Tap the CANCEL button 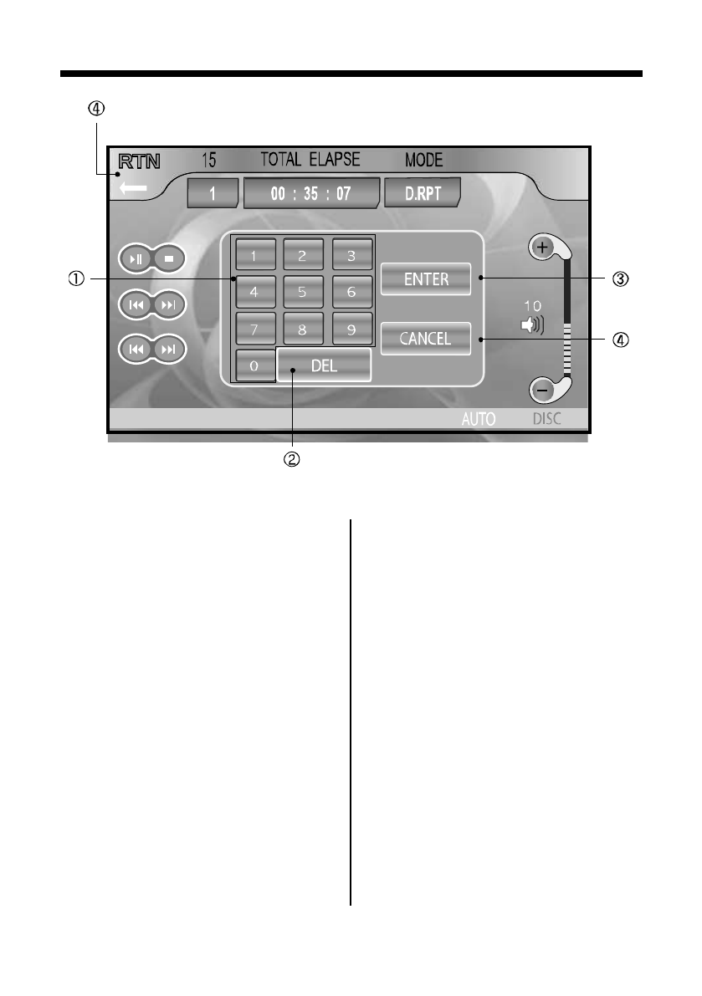click(426, 339)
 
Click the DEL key click(324, 365)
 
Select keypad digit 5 click(303, 293)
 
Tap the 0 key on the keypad click(253, 366)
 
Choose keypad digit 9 click(352, 329)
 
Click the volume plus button click(542, 248)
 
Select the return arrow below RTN click(133, 189)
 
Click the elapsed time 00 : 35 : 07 click(311, 193)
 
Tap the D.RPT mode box click(423, 193)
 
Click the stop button click(169, 259)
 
